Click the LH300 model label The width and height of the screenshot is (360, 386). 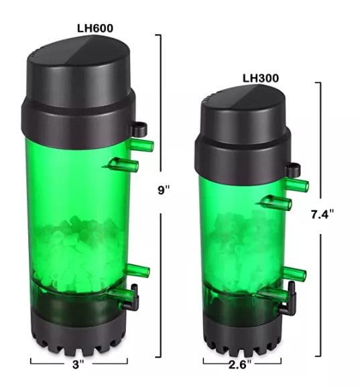[x=261, y=78]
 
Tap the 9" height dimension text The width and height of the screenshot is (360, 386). [x=162, y=190]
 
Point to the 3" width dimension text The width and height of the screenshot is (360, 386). [x=78, y=365]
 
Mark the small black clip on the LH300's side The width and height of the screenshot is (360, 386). [x=293, y=171]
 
